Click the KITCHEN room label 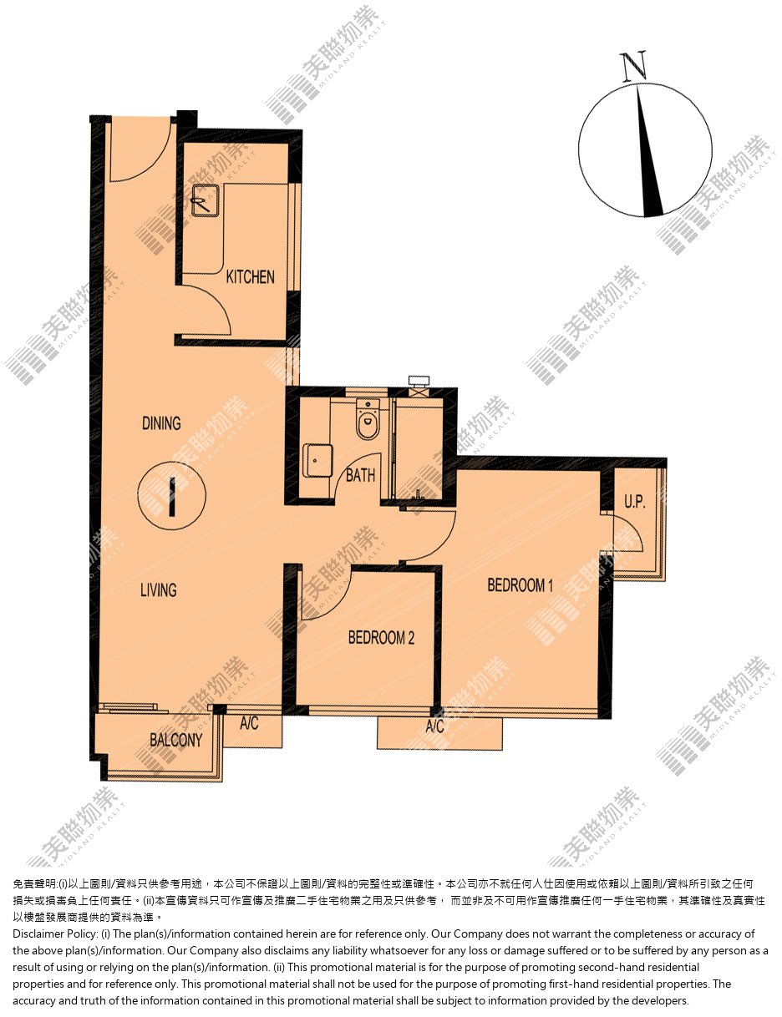(x=250, y=276)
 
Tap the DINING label (x=161, y=423)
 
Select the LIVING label (x=159, y=589)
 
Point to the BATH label (x=361, y=475)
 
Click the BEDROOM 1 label (x=520, y=585)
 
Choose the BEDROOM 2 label (x=381, y=637)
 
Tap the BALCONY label (x=176, y=740)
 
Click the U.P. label (x=634, y=502)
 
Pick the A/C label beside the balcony (x=249, y=724)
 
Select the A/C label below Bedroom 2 (x=434, y=726)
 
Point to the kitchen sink (x=206, y=200)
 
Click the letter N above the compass (x=633, y=66)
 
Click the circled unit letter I (x=172, y=496)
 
